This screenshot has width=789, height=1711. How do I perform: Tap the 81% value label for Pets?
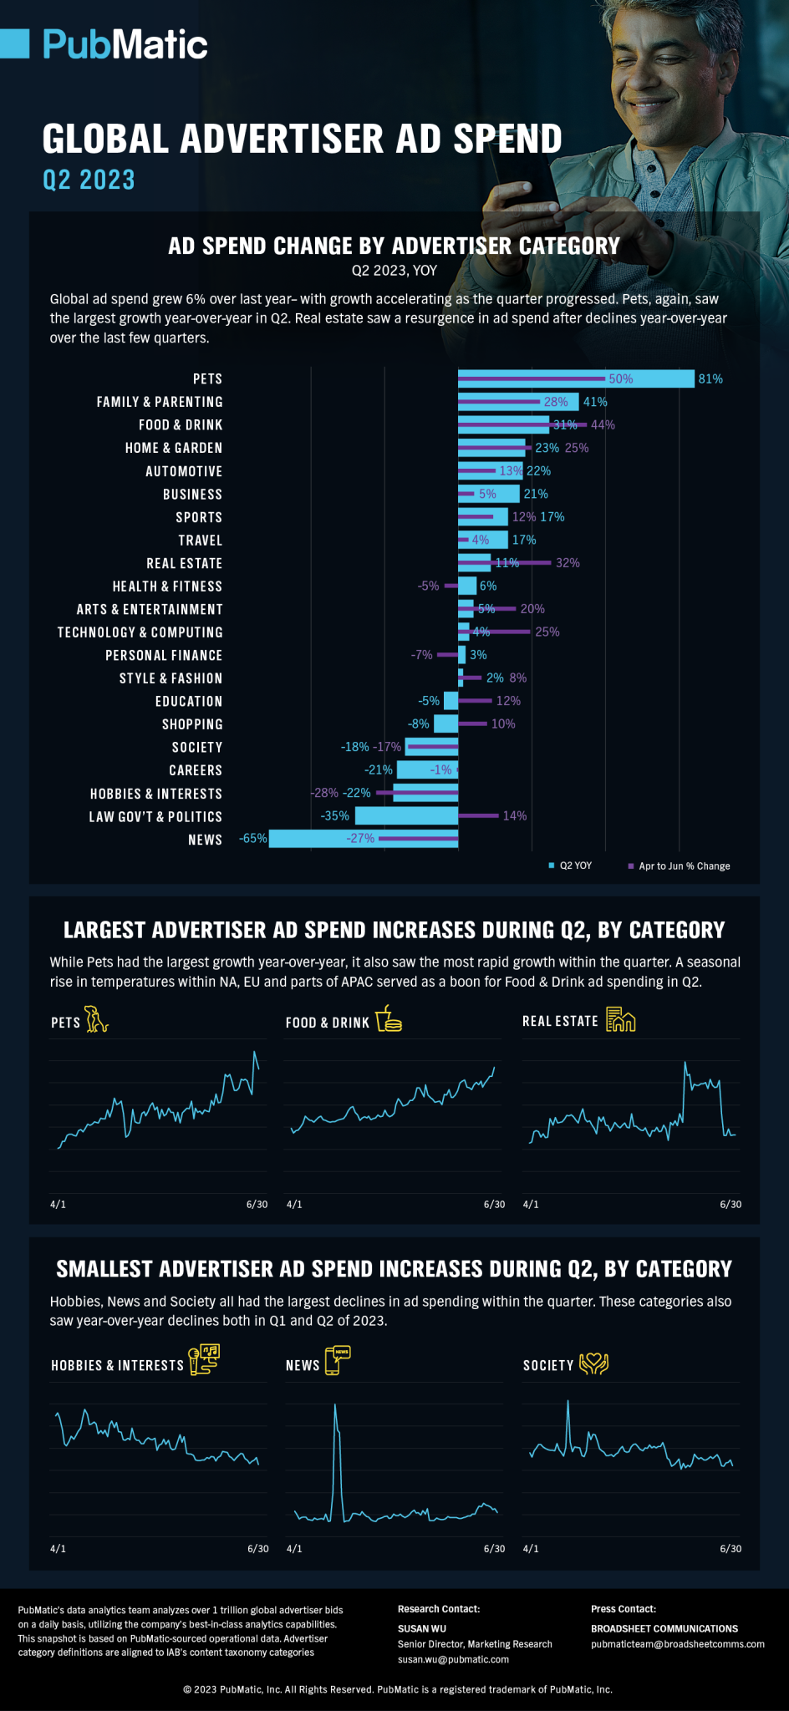pos(710,379)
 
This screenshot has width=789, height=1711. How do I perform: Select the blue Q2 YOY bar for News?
pos(363,839)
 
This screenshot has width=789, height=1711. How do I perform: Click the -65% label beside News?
pos(252,839)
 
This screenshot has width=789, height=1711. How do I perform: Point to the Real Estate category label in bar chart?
pos(184,564)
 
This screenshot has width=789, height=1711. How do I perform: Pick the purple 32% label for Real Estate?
pos(568,563)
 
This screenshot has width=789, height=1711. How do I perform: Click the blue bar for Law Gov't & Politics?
pos(406,815)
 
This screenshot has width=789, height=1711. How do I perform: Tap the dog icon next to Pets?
pos(97,1019)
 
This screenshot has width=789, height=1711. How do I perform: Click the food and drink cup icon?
pos(389,1019)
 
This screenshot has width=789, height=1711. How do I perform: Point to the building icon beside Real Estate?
pos(620,1019)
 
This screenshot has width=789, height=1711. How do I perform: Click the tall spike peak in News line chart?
pos(335,1405)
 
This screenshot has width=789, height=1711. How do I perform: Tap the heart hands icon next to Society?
pos(593,1363)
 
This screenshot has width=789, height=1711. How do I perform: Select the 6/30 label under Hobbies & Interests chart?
pos(257,1549)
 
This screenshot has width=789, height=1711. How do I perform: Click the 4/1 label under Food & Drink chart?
pos(294,1205)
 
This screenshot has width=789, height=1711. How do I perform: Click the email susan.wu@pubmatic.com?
pos(453,1659)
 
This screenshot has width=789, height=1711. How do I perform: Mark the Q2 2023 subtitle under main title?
pos(89,180)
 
